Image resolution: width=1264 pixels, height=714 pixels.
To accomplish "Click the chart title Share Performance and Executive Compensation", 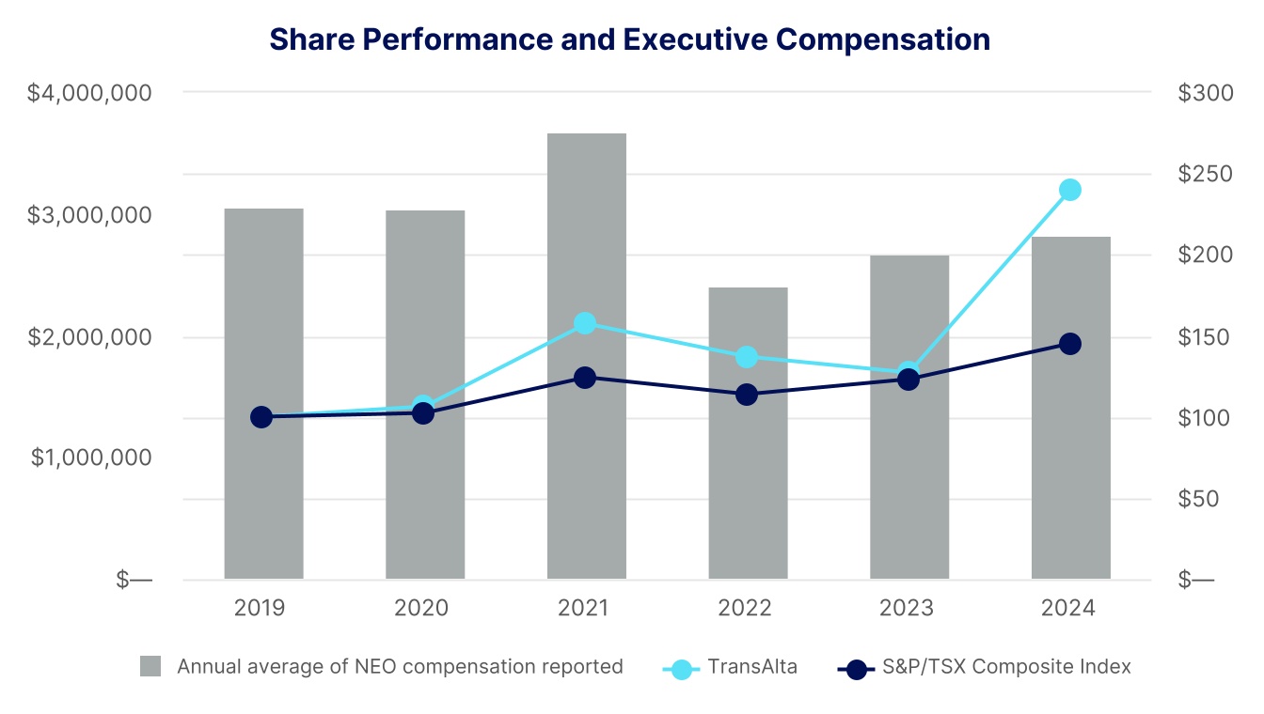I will tap(629, 39).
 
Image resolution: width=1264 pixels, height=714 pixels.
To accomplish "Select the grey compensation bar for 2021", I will tap(587, 357).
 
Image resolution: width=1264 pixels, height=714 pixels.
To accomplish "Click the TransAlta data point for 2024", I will tap(1070, 190).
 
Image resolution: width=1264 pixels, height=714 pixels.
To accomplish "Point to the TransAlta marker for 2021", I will tap(585, 323).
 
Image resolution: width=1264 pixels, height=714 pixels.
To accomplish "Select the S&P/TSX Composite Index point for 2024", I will tap(1070, 344).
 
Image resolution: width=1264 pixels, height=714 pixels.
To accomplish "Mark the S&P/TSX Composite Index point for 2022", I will tap(747, 395).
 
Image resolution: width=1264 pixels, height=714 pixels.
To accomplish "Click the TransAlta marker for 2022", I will tap(747, 357).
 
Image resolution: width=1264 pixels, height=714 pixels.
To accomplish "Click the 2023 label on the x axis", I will tap(908, 609).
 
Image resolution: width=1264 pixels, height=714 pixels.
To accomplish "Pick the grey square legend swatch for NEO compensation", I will tap(150, 667).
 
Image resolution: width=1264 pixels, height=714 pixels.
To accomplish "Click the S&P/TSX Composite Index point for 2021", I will tap(585, 378).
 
